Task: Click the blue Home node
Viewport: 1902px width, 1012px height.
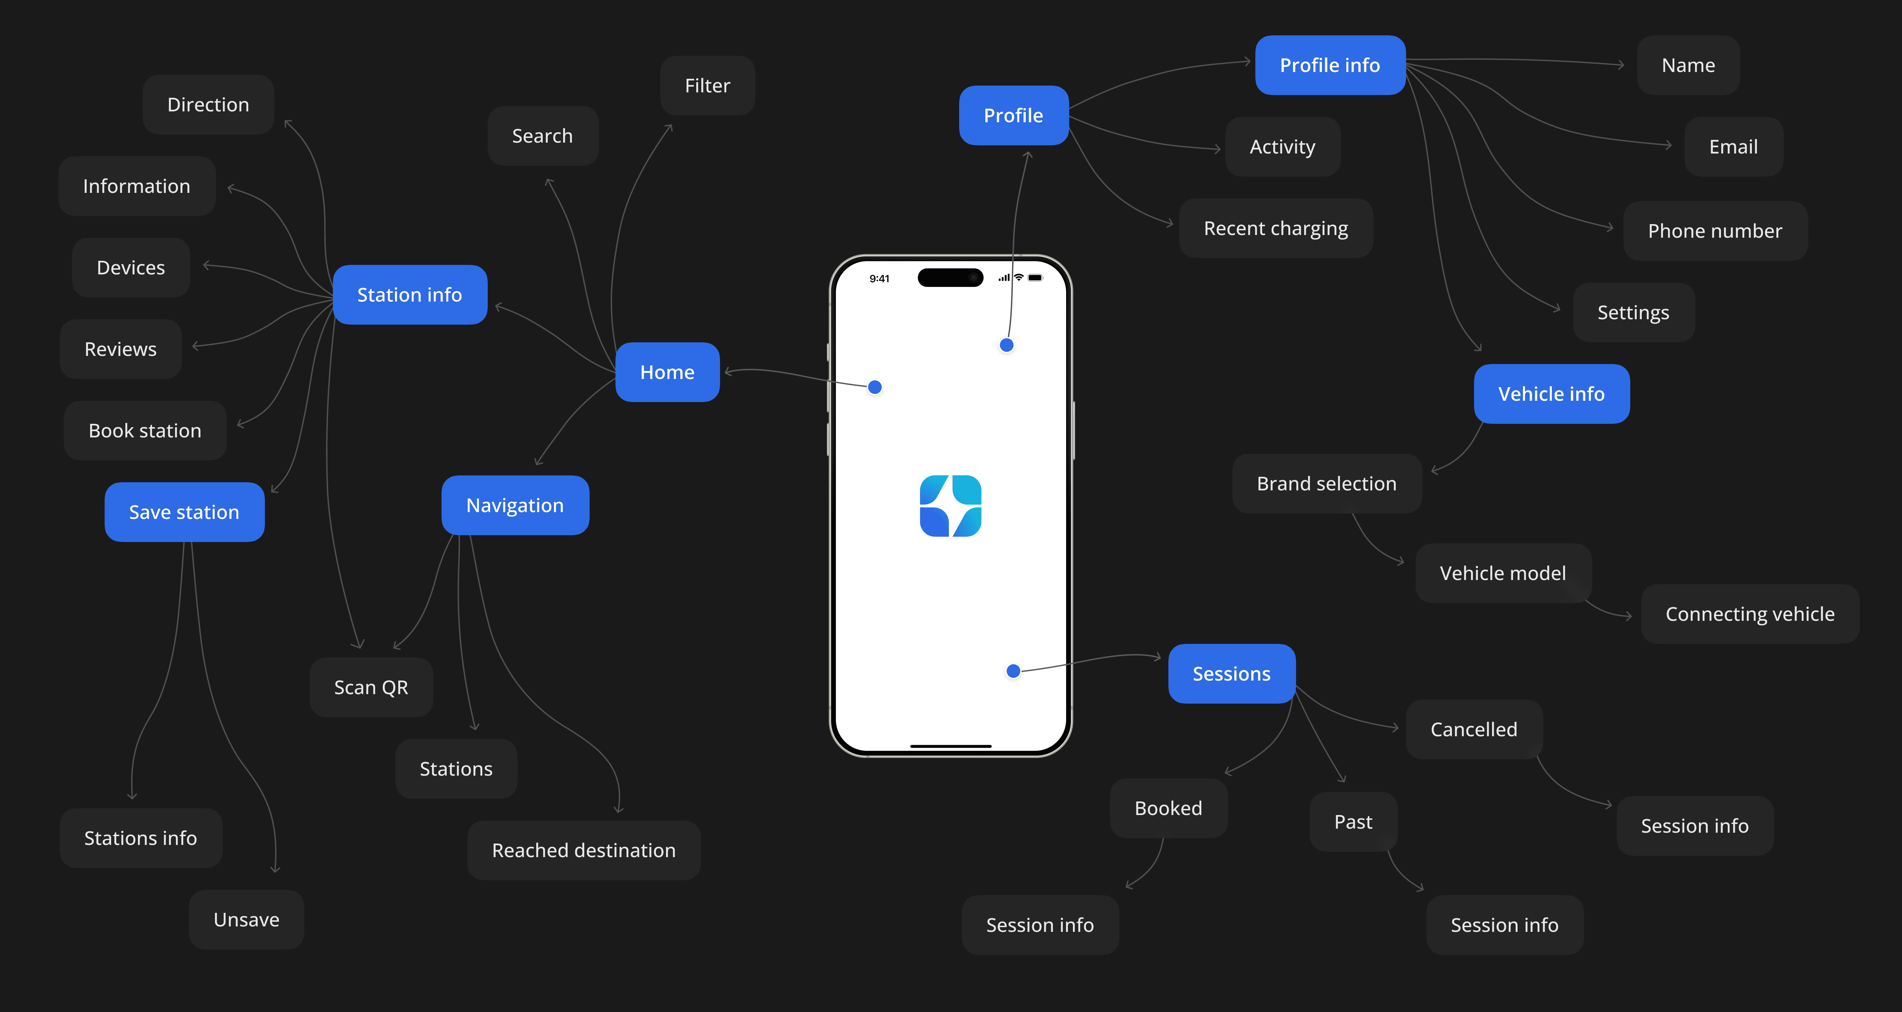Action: tap(667, 372)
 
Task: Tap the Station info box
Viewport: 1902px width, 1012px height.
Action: tap(410, 294)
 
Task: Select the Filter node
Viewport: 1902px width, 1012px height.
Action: tap(707, 86)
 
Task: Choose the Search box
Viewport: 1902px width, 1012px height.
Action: tap(543, 136)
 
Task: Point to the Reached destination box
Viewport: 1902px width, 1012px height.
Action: tap(583, 850)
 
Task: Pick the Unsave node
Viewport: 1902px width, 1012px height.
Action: tap(247, 920)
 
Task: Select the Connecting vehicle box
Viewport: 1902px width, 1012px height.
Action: tap(1750, 614)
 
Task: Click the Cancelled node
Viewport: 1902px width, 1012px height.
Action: tap(1474, 729)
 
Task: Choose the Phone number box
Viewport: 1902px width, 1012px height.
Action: tap(1715, 231)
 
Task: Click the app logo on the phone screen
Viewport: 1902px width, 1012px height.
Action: tap(950, 506)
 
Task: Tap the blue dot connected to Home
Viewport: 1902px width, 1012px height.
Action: tap(875, 387)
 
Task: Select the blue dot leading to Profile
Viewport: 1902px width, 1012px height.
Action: tap(1006, 345)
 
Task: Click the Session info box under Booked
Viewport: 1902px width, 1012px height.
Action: tap(1040, 925)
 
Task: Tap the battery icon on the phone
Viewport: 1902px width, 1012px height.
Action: tap(1035, 278)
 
